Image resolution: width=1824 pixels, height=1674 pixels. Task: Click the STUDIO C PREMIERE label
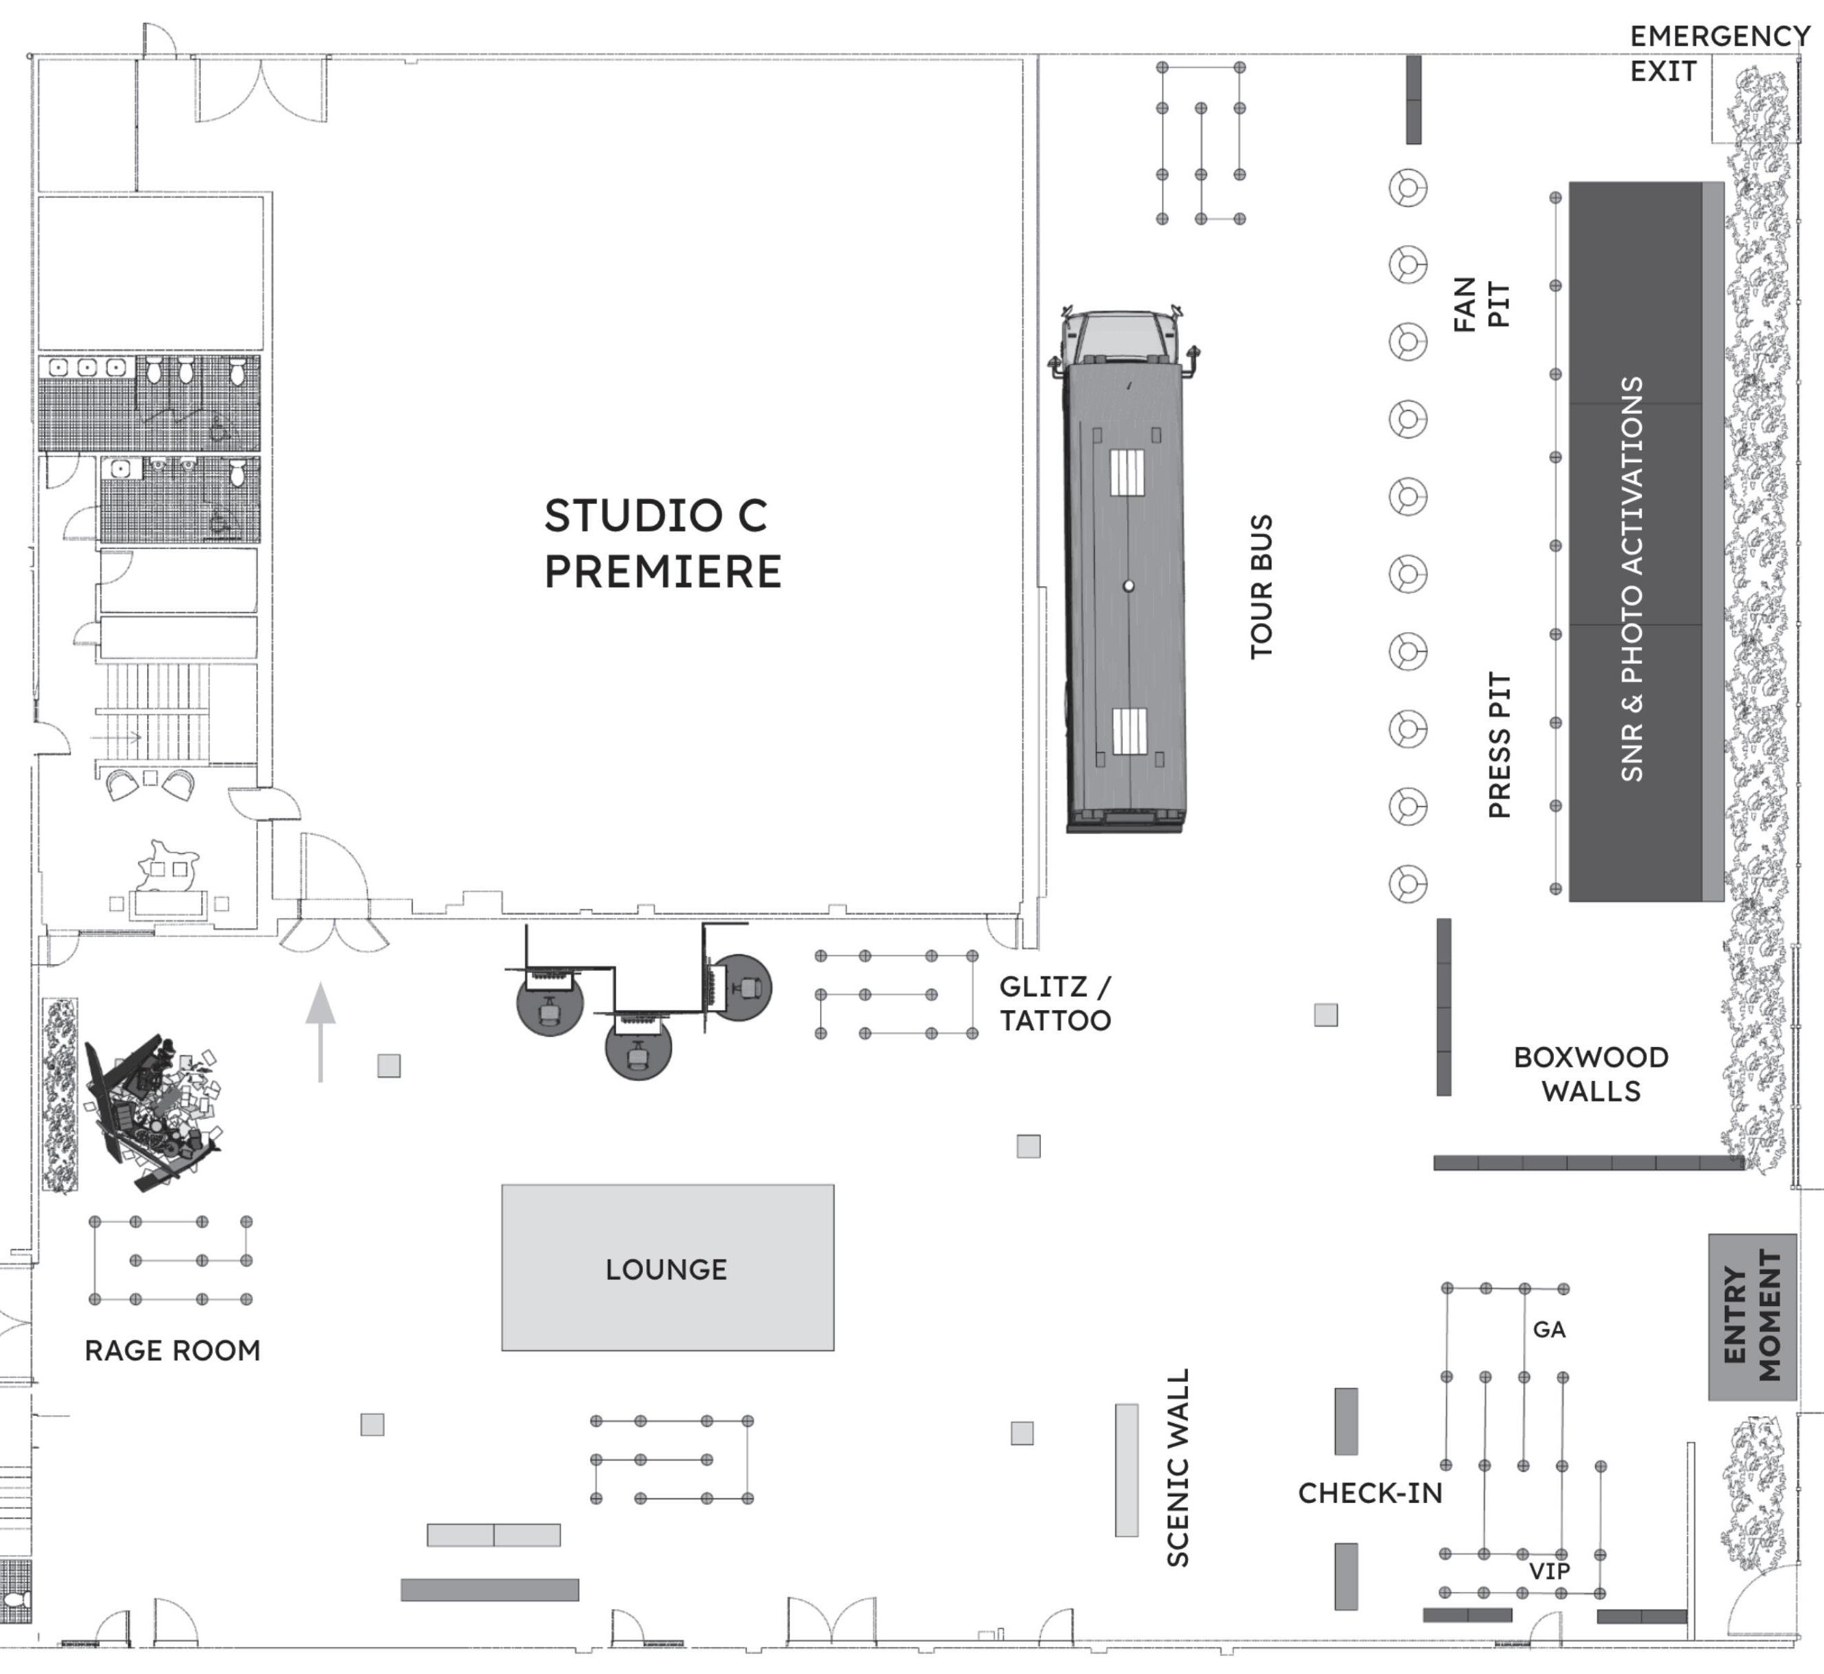661,544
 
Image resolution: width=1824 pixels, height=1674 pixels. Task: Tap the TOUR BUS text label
1261,587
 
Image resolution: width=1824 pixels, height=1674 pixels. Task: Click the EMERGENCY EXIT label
1718,53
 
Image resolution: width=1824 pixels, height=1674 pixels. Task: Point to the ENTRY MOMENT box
1752,1316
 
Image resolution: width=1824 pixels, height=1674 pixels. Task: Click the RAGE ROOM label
172,1351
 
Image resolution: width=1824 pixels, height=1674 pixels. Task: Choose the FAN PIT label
1481,304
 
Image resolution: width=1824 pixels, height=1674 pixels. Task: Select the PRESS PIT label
1501,745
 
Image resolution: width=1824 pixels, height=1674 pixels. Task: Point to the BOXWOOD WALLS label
1591,1074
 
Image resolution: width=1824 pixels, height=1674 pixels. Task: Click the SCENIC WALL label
1177,1467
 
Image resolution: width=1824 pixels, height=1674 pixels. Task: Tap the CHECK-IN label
1370,1493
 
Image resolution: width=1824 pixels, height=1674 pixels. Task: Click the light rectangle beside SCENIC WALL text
1126,1470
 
